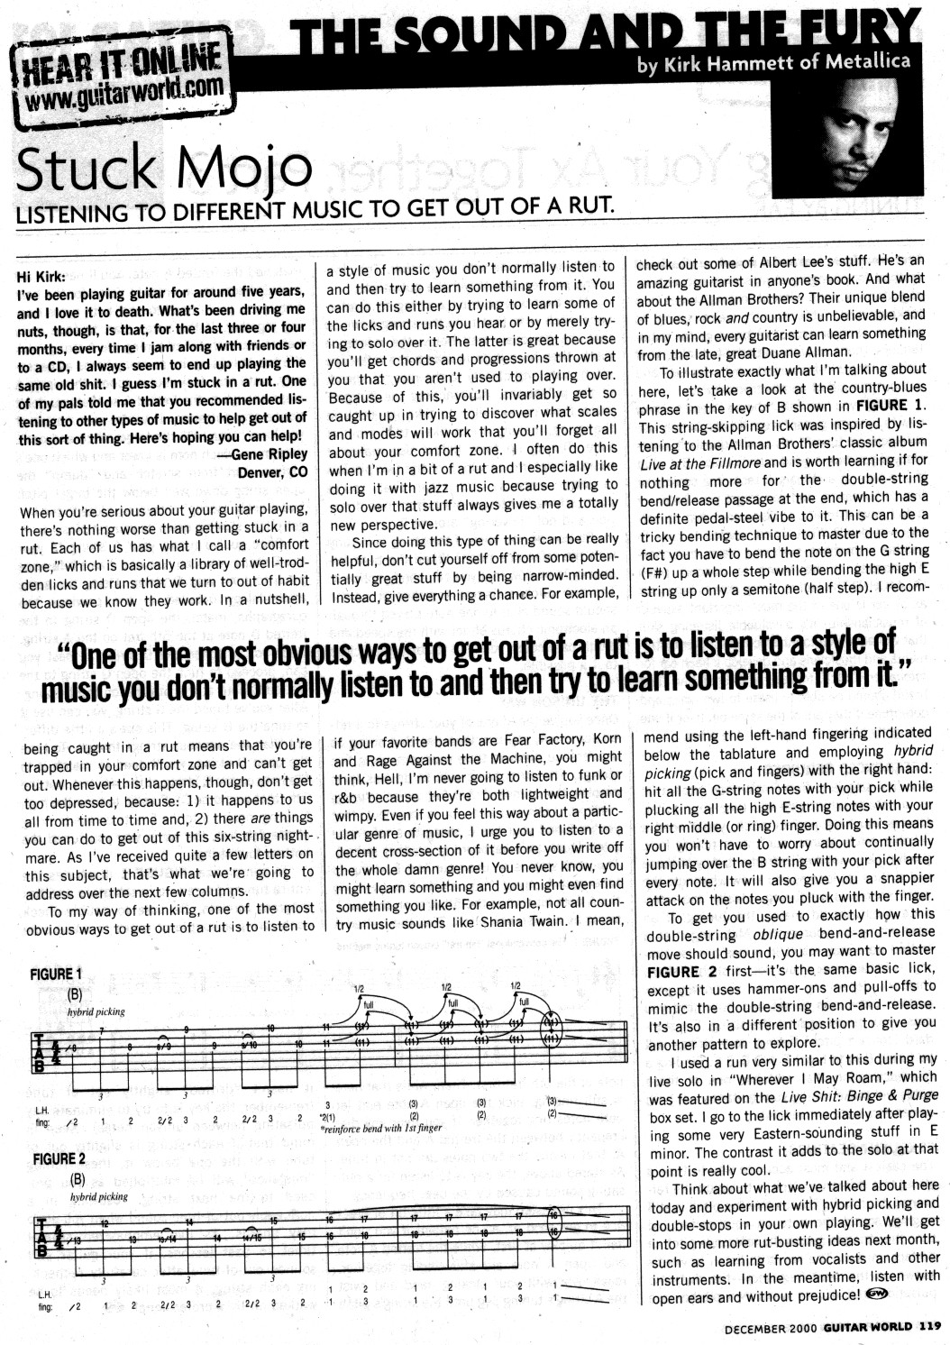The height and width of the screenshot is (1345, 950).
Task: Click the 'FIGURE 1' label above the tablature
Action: [56, 974]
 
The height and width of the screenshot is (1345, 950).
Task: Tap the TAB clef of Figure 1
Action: [40, 1052]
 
